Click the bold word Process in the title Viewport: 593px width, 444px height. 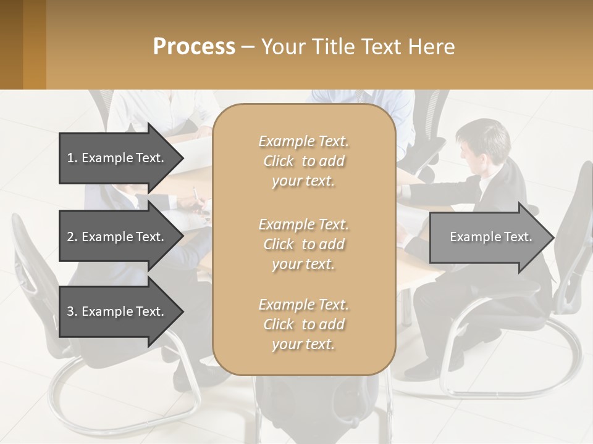pyautogui.click(x=194, y=47)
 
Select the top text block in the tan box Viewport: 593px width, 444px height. pyautogui.click(x=303, y=161)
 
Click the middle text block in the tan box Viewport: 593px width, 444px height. pyautogui.click(x=303, y=244)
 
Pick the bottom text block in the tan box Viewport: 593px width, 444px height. pyautogui.click(x=303, y=324)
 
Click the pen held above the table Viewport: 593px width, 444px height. pyautogui.click(x=195, y=195)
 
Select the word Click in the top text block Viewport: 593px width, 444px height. pyautogui.click(x=279, y=161)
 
